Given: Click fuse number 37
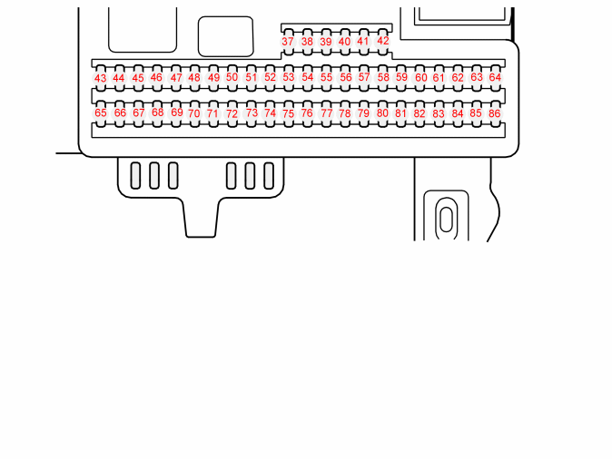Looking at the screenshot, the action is pos(288,42).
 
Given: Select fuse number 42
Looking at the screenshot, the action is pos(383,42).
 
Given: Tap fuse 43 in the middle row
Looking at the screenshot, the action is pos(101,78).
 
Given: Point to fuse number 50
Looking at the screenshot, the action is pos(232,78).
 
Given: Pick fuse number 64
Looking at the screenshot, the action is pos(495,78).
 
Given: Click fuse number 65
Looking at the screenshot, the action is pos(101,113).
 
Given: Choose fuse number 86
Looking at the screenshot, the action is pos(495,113).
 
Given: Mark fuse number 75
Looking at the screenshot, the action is pos(289,113).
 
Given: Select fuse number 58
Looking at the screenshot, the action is pos(383,78).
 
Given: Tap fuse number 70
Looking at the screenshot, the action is pos(194,113).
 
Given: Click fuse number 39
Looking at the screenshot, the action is pos(326,42).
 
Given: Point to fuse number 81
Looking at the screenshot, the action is pos(401,113).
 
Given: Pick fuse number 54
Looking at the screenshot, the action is pos(308,78).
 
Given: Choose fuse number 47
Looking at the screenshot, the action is pos(176,78).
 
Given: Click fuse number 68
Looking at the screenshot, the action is pos(157,113).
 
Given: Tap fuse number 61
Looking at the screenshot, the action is pos(439,78).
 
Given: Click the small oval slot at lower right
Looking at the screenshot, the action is pos(446,220).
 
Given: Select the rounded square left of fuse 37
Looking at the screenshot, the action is pos(225,36).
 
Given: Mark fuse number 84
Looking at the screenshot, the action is pos(458,113).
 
